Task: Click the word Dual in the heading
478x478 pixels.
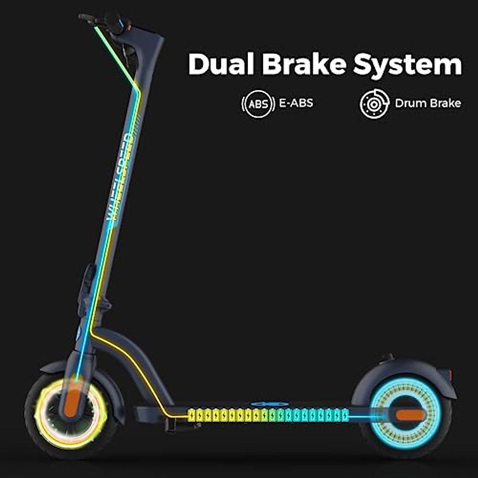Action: click(221, 64)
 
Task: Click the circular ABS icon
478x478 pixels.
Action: click(258, 104)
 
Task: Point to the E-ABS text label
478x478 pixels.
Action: click(296, 103)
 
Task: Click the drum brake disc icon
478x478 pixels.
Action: click(374, 104)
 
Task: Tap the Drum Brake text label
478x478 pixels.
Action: click(428, 103)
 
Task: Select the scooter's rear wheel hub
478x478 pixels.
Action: click(406, 415)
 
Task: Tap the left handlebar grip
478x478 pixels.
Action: click(86, 17)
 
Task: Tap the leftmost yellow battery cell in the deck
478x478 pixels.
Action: click(192, 415)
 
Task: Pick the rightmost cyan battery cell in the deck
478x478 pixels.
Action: click(345, 415)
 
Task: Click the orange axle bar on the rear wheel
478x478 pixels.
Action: click(410, 415)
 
